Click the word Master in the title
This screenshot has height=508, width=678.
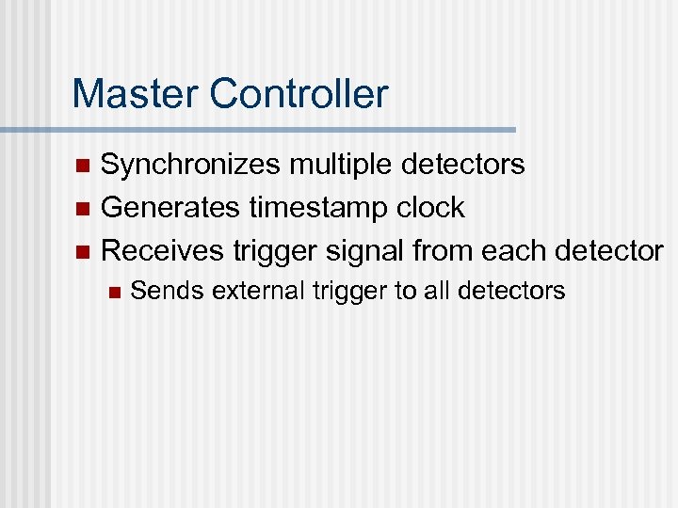(x=136, y=94)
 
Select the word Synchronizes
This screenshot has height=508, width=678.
(x=190, y=166)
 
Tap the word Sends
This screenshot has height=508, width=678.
(x=168, y=292)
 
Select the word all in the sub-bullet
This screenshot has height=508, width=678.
(x=435, y=292)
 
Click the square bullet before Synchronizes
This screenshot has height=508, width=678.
(x=82, y=167)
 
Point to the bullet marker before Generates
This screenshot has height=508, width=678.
(x=82, y=209)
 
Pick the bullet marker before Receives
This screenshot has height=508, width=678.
(x=82, y=252)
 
